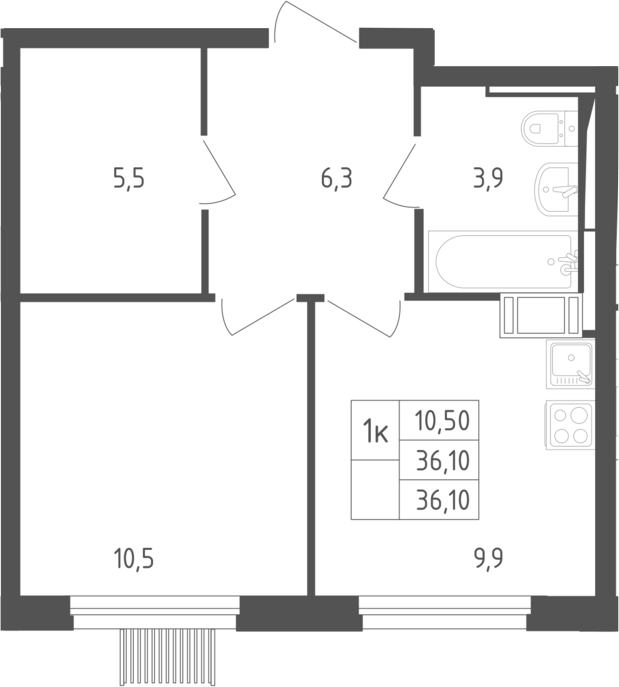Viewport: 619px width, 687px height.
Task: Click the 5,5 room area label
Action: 129,180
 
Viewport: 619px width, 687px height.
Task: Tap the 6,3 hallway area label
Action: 336,180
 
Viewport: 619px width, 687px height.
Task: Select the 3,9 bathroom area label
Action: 488,179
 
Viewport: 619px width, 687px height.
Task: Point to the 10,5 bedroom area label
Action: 133,560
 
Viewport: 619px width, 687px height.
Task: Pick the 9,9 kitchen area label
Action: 488,559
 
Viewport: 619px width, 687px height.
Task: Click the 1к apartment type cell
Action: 375,430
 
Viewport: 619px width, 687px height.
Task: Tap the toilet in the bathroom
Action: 549,128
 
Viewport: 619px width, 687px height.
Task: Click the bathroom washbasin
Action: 555,190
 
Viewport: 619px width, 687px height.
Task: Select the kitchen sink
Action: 570,364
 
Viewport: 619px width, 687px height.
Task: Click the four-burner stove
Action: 570,424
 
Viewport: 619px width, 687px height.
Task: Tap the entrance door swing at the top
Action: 316,22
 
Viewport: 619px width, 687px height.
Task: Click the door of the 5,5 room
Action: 218,171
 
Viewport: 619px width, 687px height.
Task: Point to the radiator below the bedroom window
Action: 169,657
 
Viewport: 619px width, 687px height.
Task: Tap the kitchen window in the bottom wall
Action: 445,613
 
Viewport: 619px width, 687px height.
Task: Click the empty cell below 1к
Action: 375,490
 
